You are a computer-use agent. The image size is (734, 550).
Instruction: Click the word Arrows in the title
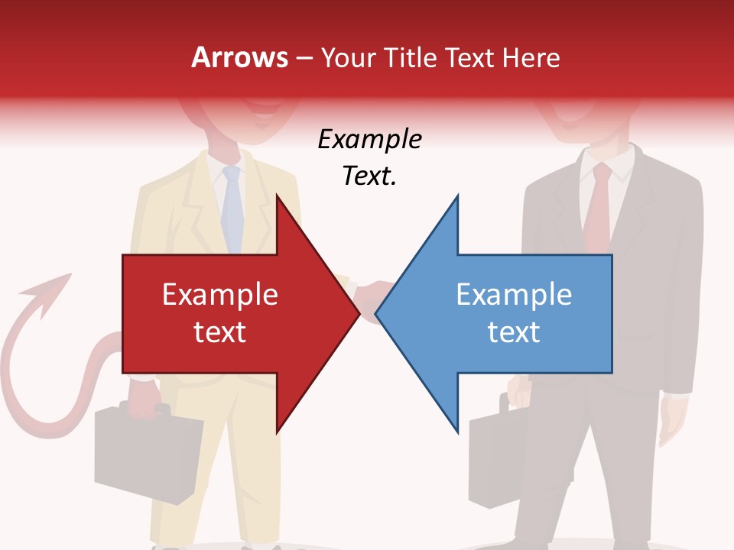[x=239, y=57]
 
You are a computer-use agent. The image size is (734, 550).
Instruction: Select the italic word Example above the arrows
[x=369, y=140]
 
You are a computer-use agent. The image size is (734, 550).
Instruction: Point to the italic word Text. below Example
[x=369, y=176]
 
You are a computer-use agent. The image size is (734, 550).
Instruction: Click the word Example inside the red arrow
[x=220, y=294]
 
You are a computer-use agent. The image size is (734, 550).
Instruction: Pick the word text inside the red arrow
[x=220, y=332]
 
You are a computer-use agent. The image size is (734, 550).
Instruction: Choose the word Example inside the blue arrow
[x=514, y=294]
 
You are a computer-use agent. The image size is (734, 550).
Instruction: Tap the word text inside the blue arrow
[x=514, y=332]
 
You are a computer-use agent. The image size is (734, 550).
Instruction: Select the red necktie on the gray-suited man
[x=599, y=206]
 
